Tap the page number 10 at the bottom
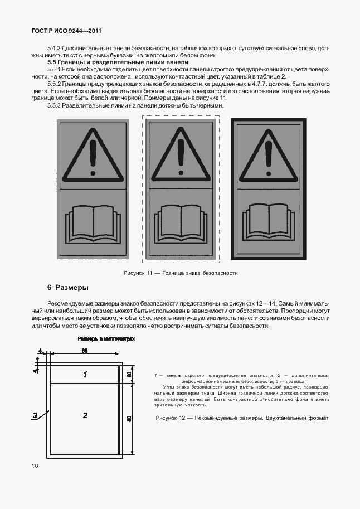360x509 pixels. point(35,466)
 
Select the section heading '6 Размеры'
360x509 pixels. point(68,288)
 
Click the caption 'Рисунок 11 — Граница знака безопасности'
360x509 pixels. point(180,273)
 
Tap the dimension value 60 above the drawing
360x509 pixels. point(85,351)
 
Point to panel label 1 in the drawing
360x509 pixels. point(85,375)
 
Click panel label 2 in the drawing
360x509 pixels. point(85,415)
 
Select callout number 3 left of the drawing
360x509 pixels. point(35,415)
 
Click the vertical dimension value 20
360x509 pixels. point(129,374)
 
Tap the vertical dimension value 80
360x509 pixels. point(129,419)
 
